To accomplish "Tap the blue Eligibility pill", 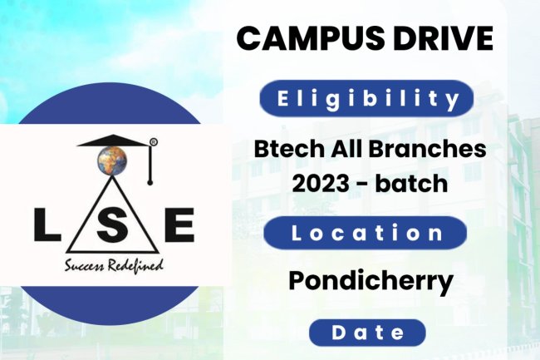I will pyautogui.click(x=366, y=100).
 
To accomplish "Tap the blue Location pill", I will pyautogui.click(x=366, y=233).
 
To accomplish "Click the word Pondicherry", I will pyautogui.click(x=371, y=280).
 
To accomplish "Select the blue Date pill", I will pyautogui.click(x=367, y=333).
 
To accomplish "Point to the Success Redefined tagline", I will pyautogui.click(x=114, y=266).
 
